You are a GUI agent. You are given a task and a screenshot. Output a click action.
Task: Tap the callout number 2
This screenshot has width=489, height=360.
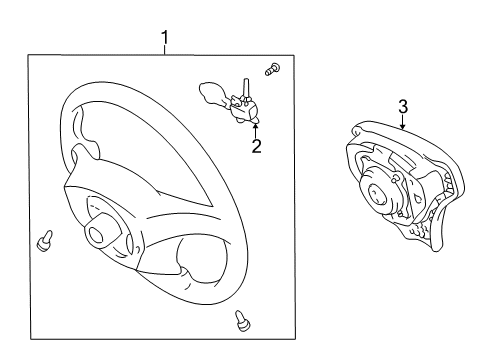click(x=256, y=146)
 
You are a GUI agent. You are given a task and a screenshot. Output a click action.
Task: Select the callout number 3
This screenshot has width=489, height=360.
click(x=403, y=106)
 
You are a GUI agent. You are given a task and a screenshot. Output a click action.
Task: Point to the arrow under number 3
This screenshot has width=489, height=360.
click(x=401, y=125)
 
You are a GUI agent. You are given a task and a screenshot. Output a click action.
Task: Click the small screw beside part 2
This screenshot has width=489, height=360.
click(x=273, y=69)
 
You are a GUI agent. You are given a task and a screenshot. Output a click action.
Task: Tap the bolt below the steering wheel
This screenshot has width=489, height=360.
click(x=241, y=319)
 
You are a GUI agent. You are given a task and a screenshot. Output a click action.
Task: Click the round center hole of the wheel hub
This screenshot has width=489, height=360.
click(x=98, y=236)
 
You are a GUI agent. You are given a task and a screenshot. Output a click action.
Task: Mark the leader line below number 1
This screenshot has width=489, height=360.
click(x=165, y=51)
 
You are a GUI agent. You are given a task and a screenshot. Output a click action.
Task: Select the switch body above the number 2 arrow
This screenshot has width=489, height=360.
click(x=242, y=107)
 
